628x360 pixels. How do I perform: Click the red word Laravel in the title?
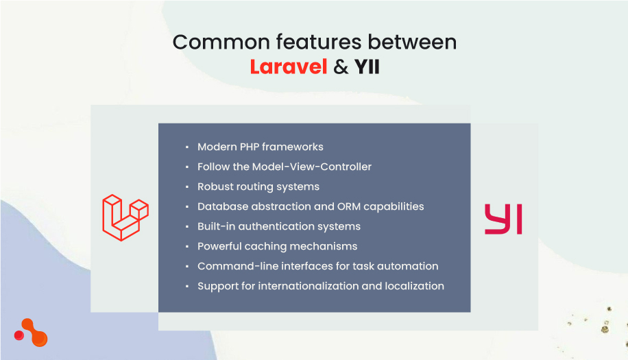pyautogui.click(x=288, y=68)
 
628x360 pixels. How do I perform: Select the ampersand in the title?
pyautogui.click(x=341, y=68)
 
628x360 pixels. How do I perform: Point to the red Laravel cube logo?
pyautogui.click(x=125, y=217)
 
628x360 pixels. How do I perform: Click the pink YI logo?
pyautogui.click(x=503, y=219)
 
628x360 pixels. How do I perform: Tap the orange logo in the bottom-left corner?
pyautogui.click(x=32, y=334)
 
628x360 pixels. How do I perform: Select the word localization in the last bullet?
pyautogui.click(x=411, y=286)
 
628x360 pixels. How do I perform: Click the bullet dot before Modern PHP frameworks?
pyautogui.click(x=186, y=147)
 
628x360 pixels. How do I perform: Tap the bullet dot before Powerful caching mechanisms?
pyautogui.click(x=186, y=247)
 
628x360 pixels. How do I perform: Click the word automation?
pyautogui.click(x=411, y=266)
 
